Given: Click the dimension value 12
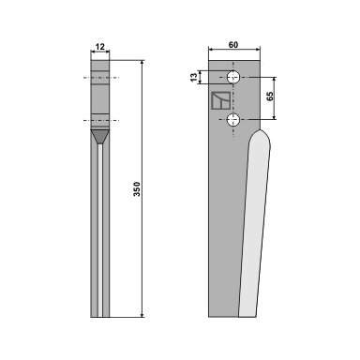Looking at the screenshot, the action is [100, 47].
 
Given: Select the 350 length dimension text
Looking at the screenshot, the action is [137, 188].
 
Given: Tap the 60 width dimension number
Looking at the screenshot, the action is [233, 45].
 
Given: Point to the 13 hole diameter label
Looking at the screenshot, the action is [194, 77].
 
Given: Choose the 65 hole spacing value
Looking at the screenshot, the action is [271, 97].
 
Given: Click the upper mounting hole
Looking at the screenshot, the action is [233, 77].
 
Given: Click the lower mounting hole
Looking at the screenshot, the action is [233, 120].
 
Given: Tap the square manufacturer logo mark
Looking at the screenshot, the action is [220, 100].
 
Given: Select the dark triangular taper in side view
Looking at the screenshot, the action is [100, 137].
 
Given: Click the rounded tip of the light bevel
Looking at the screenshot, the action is [260, 130].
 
